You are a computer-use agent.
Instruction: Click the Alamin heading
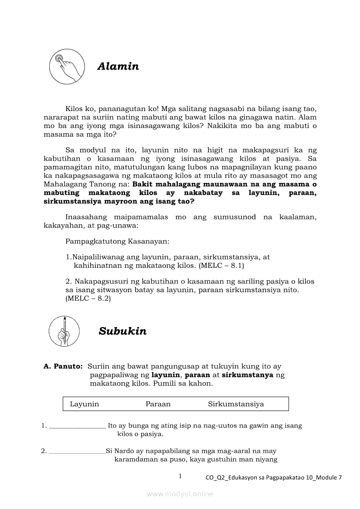(118, 67)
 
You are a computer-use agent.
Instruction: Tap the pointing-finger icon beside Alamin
(66, 66)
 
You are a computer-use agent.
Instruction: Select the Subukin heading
(122, 331)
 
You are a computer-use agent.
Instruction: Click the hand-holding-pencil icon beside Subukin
(64, 331)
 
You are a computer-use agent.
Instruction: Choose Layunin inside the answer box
(84, 404)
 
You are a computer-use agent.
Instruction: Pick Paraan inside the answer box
(158, 404)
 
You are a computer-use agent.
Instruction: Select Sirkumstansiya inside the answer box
(236, 404)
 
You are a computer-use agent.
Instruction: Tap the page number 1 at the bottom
(180, 476)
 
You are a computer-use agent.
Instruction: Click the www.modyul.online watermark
(180, 494)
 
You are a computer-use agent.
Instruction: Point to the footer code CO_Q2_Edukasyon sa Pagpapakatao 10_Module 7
(274, 478)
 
